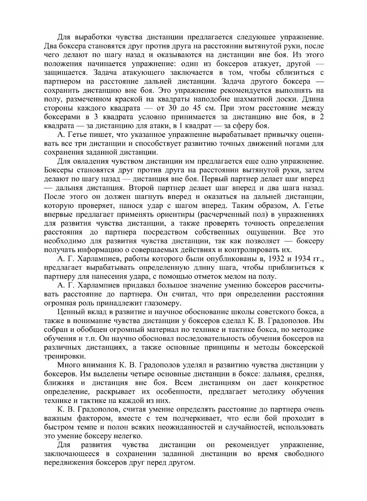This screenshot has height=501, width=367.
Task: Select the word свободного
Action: click(304, 454)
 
